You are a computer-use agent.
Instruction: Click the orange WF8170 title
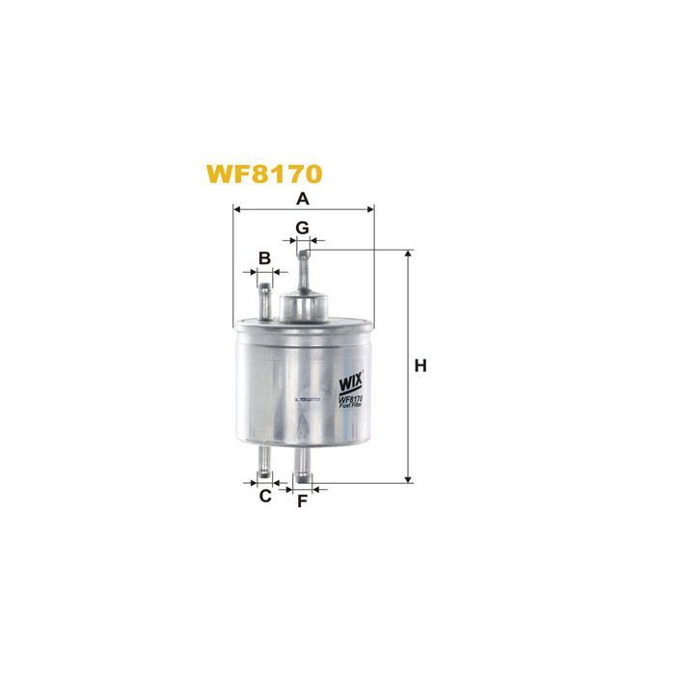click(263, 175)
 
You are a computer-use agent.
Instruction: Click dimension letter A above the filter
click(303, 199)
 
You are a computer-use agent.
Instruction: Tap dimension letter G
click(302, 229)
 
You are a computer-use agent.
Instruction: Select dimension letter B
click(263, 257)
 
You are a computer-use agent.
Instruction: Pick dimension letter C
click(264, 497)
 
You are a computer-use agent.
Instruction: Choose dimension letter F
click(302, 501)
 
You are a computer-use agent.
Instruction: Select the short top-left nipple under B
click(264, 299)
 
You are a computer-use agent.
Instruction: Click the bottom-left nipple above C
click(261, 463)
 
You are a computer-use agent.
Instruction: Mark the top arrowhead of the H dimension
click(409, 256)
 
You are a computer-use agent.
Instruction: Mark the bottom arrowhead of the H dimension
click(409, 477)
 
